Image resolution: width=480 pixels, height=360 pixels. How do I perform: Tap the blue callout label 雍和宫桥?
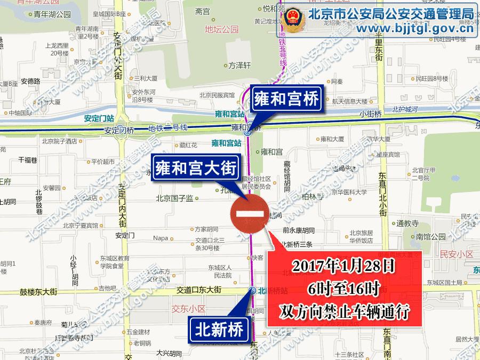(x=285, y=99)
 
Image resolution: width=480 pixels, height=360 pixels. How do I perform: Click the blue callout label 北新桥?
(x=219, y=329)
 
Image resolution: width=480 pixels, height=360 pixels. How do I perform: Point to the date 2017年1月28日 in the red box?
(x=344, y=265)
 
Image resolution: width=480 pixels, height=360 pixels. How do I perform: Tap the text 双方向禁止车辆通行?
(x=344, y=311)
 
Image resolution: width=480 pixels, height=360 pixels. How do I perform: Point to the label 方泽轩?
(x=239, y=66)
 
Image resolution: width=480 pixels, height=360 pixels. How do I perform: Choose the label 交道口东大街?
(x=198, y=290)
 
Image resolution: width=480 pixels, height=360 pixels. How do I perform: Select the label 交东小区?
(x=189, y=309)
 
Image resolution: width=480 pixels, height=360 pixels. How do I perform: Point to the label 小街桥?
(x=371, y=114)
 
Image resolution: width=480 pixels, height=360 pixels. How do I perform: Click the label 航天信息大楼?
(x=350, y=101)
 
